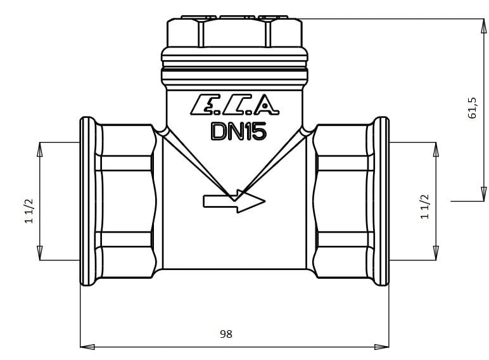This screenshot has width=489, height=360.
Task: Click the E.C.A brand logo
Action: tap(234, 105)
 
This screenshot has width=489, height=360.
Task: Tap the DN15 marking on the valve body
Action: tap(239, 131)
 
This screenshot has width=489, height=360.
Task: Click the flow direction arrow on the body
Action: tap(234, 201)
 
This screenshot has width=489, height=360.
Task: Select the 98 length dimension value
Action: tap(226, 334)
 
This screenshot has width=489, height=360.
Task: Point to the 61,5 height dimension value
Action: tap(472, 108)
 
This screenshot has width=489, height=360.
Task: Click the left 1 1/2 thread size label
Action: tap(29, 211)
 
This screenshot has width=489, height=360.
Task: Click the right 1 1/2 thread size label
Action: tap(425, 207)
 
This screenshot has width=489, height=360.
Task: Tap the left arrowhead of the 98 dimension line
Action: tap(87, 347)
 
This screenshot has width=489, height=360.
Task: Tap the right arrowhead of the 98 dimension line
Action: tap(382, 347)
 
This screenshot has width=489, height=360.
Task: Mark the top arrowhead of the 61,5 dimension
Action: tap(483, 26)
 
